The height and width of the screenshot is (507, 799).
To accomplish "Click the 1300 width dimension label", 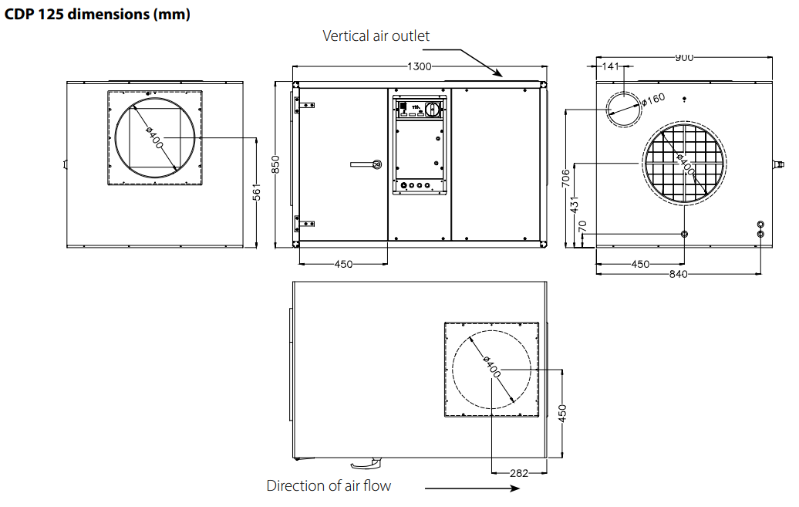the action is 419,66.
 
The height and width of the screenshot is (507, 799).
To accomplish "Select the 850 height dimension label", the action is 275,164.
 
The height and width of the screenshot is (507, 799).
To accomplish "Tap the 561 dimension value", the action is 257,192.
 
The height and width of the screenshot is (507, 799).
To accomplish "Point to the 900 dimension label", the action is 684,58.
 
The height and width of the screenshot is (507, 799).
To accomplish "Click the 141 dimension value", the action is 611,66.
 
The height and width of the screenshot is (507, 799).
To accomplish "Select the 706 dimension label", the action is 566,178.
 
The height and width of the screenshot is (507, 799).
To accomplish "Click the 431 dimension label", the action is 575,204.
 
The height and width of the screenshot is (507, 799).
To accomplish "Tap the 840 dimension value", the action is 678,274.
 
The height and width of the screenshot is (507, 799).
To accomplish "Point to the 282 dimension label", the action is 519,473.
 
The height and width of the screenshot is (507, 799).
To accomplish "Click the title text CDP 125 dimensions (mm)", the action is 97,14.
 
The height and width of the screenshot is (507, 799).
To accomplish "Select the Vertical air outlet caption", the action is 376,35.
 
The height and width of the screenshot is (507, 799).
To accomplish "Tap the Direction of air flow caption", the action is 329,485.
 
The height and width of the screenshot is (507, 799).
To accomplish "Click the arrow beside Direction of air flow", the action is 472,488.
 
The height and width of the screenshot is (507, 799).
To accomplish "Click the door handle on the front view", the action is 366,164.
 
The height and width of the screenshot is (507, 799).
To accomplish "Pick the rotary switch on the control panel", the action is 433,109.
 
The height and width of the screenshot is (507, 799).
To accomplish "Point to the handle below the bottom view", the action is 365,463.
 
